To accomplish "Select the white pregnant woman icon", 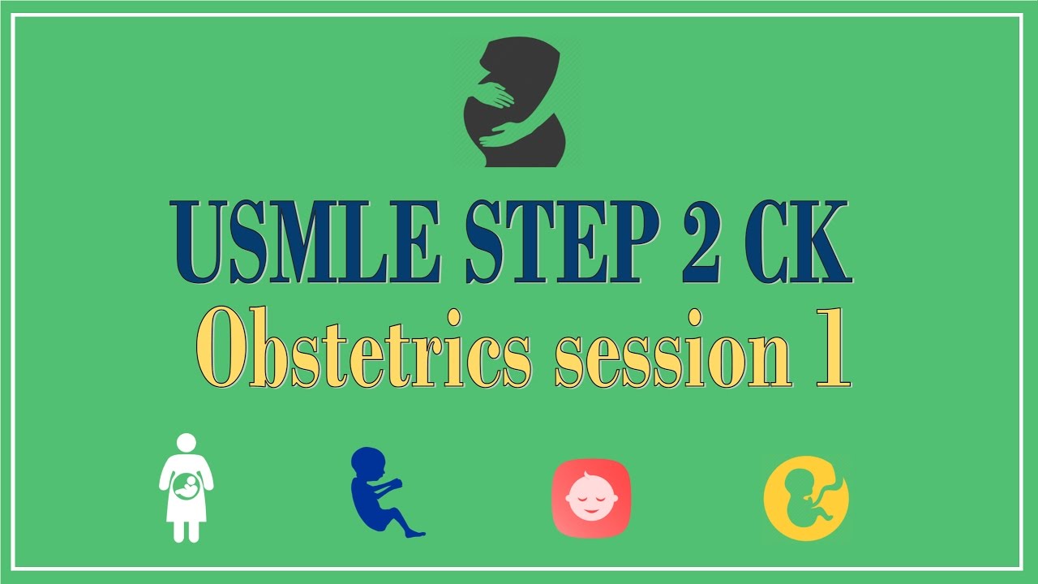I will (x=187, y=487).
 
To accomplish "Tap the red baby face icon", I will (x=590, y=497).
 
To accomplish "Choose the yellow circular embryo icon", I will (x=806, y=497).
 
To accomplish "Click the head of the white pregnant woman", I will (x=187, y=443).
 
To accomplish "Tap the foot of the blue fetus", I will (x=415, y=533).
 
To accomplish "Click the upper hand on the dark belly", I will (x=496, y=94).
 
